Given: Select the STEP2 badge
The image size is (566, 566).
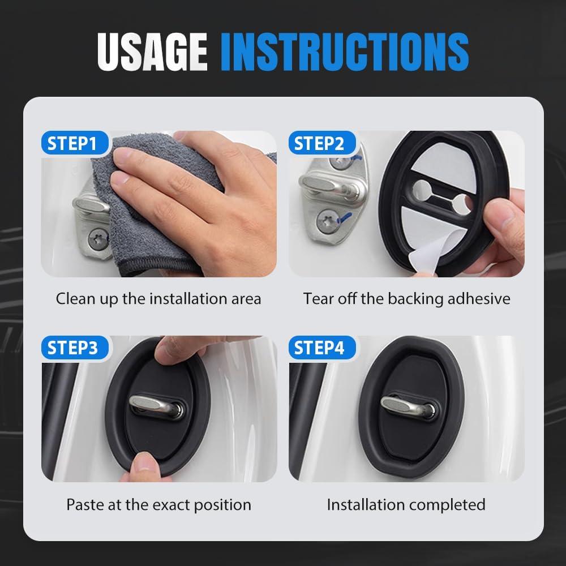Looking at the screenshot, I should click(x=319, y=143).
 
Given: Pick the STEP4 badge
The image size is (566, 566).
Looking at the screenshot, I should click(x=319, y=348).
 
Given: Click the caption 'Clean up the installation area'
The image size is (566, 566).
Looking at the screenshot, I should click(x=158, y=298).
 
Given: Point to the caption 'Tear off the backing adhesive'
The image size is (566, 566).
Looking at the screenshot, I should click(x=406, y=298).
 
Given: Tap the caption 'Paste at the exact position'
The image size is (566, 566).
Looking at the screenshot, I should click(x=158, y=504).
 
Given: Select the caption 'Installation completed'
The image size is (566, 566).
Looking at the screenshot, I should click(x=406, y=504).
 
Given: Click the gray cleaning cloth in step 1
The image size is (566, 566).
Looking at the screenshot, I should click(x=141, y=226).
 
